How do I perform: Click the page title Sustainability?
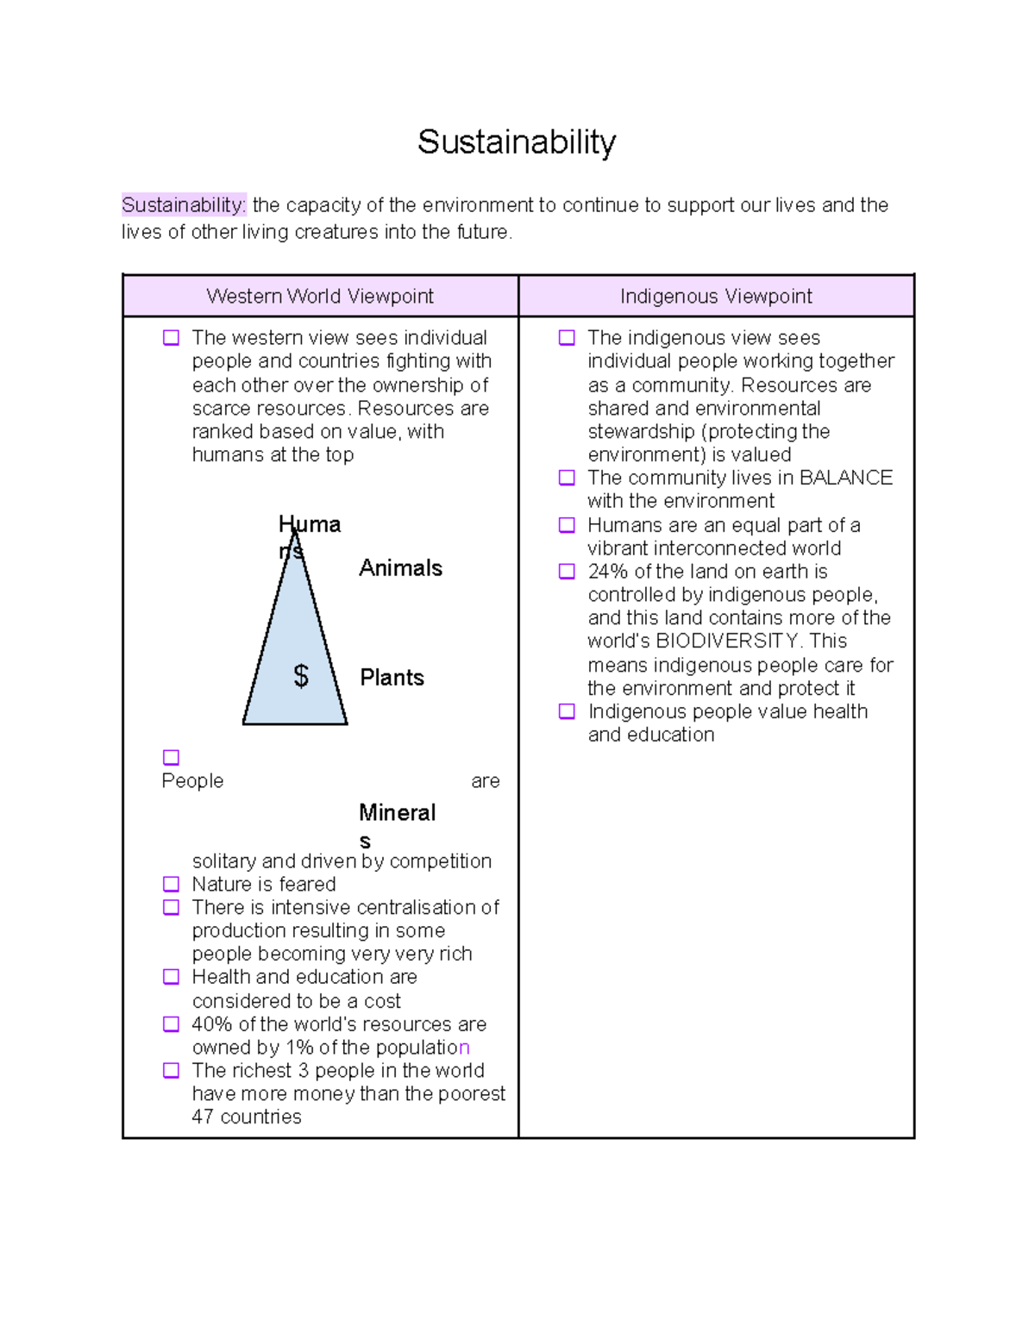pyautogui.click(x=517, y=142)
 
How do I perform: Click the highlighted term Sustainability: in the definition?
pyautogui.click(x=184, y=205)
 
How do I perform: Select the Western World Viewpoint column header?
pyautogui.click(x=320, y=297)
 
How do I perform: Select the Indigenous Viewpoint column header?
pyautogui.click(x=716, y=297)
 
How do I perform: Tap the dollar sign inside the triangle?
pyautogui.click(x=300, y=676)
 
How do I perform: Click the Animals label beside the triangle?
pyautogui.click(x=400, y=568)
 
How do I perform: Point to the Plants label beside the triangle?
pyautogui.click(x=392, y=678)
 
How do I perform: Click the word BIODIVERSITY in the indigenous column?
pyautogui.click(x=727, y=641)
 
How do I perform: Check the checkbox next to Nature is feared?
pyautogui.click(x=172, y=885)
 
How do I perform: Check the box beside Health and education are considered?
pyautogui.click(x=172, y=978)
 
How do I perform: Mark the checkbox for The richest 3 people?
pyautogui.click(x=172, y=1071)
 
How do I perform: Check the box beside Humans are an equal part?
pyautogui.click(x=567, y=525)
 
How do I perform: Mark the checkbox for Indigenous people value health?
pyautogui.click(x=567, y=712)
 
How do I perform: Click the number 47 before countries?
pyautogui.click(x=203, y=1117)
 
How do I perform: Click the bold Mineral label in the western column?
pyautogui.click(x=397, y=813)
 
